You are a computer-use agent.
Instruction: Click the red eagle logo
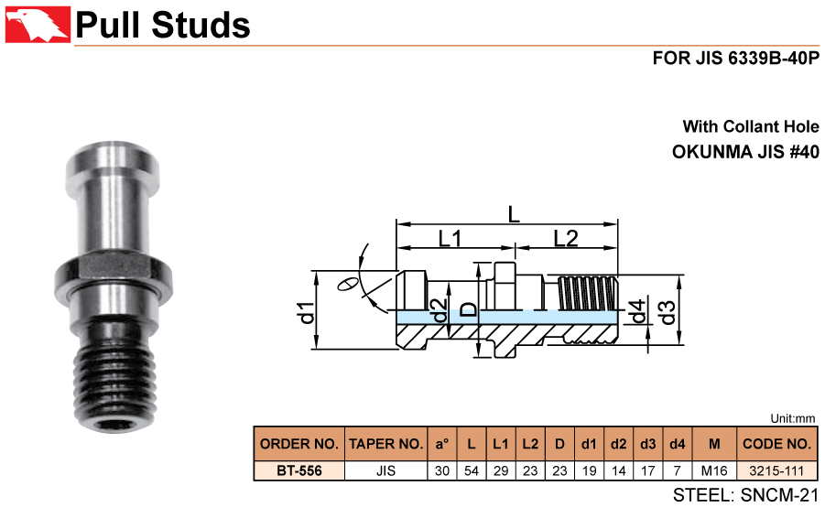pos(36,23)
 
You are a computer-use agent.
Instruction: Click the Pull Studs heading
pos(162,25)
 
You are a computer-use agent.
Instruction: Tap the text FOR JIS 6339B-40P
pos(735,58)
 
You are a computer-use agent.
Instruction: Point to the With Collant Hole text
pos(750,126)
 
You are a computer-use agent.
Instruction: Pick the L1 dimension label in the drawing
pos(450,239)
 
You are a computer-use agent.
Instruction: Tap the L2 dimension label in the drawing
pos(565,239)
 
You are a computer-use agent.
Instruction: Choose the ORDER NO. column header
pos(299,444)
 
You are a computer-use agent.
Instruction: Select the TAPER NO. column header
pos(385,444)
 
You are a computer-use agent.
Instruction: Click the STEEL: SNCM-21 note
pos(744,495)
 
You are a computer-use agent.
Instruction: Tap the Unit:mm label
pos(793,417)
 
